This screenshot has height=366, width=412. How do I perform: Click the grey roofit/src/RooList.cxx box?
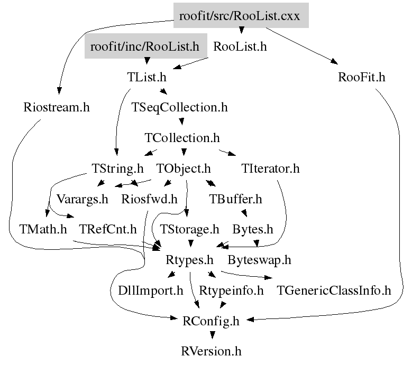[x=240, y=16]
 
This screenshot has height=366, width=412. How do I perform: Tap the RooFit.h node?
[x=362, y=77]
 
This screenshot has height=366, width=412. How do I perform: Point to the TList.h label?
[x=147, y=77]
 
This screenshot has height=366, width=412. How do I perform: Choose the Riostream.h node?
[x=57, y=108]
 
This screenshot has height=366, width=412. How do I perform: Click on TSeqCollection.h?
[x=180, y=108]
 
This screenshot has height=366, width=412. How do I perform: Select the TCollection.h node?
[x=182, y=138]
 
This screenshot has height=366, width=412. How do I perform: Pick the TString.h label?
[x=117, y=169]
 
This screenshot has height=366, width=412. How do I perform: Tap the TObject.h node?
[x=184, y=169]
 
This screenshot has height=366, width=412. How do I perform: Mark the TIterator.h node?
[x=270, y=169]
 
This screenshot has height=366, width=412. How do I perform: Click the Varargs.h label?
[x=82, y=199]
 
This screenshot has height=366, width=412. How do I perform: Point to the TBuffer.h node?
[x=235, y=199]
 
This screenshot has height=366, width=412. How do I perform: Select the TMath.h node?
[x=43, y=230]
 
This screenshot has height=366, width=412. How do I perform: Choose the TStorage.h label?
[x=189, y=230]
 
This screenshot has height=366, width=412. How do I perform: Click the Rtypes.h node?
[x=189, y=260]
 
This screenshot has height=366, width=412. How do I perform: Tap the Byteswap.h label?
[x=260, y=260]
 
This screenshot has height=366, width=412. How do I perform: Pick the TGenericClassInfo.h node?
[x=334, y=290]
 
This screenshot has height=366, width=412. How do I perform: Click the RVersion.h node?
[x=212, y=351]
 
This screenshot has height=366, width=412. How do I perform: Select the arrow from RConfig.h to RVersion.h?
[x=212, y=334]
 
